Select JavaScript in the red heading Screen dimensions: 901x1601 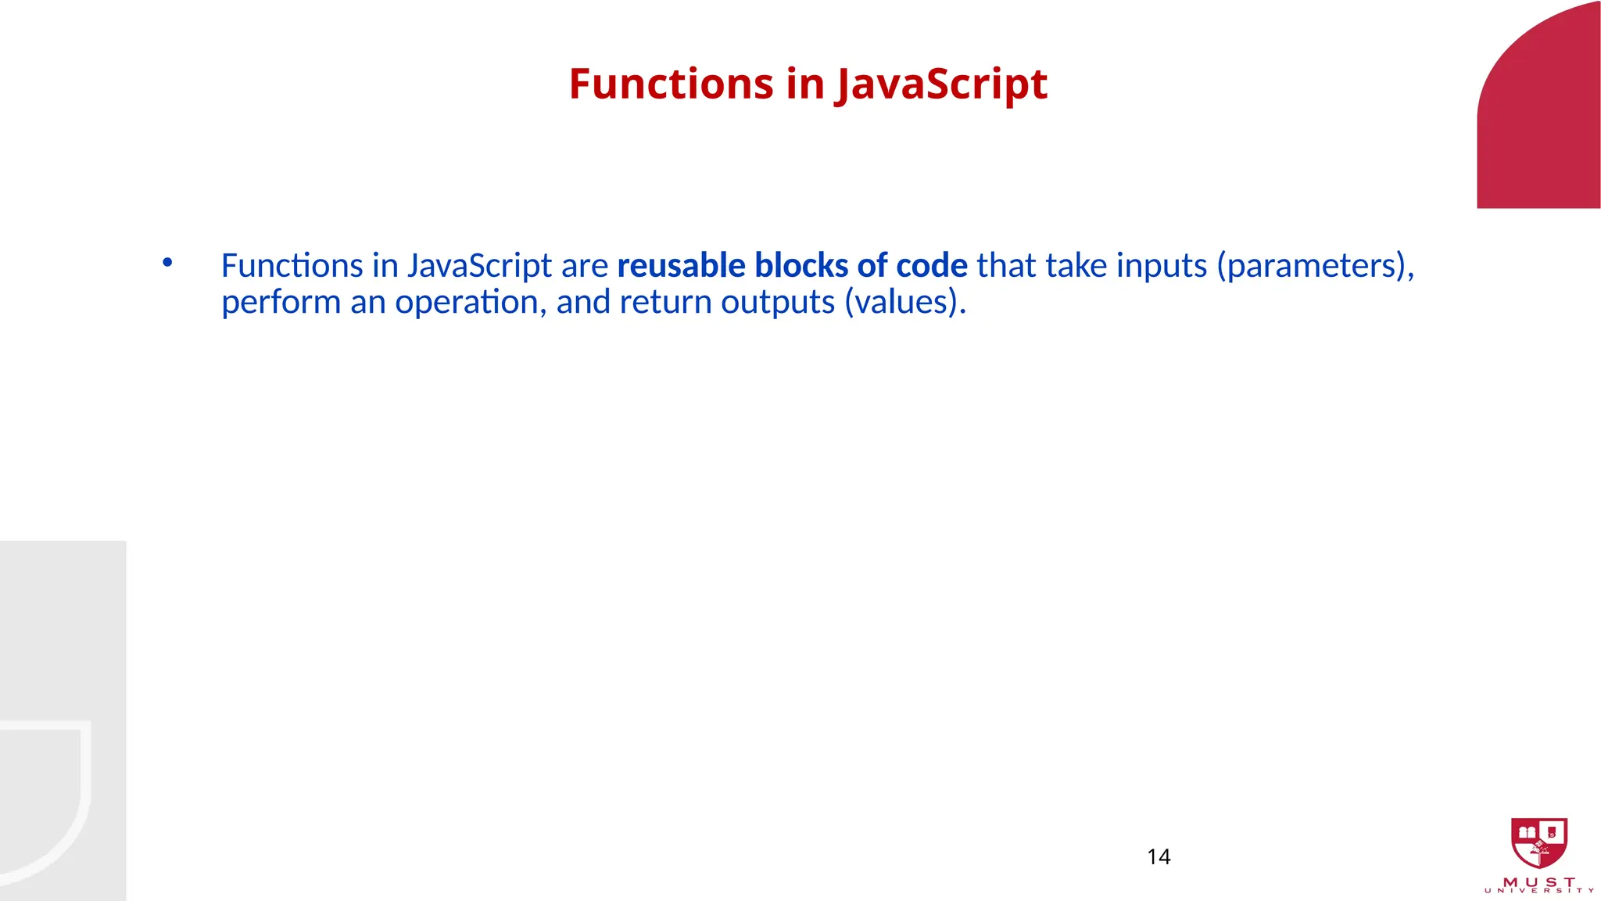(x=941, y=84)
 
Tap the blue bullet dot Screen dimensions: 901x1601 (x=167, y=263)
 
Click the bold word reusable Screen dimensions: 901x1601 (x=681, y=266)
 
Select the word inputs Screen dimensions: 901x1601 (x=1162, y=266)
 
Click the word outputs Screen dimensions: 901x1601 (x=778, y=303)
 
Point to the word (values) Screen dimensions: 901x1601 (x=905, y=303)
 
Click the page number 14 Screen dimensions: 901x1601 (x=1159, y=857)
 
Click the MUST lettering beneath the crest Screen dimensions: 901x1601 (x=1539, y=882)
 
